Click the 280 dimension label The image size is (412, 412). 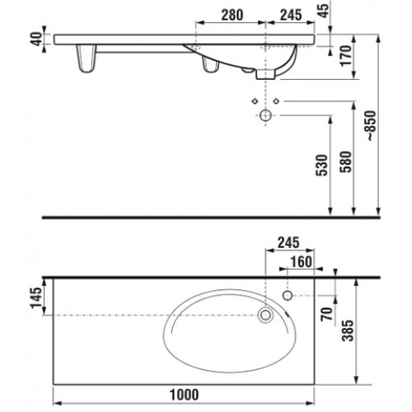point(232,15)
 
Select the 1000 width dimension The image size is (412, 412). point(185,395)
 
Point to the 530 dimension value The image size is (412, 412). point(322,165)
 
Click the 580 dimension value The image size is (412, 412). point(346,162)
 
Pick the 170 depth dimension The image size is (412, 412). point(346,56)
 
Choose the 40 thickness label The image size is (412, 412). point(36,39)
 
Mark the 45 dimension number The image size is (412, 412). point(324,11)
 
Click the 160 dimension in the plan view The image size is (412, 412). point(302,262)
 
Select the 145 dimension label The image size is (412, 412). point(36,298)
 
